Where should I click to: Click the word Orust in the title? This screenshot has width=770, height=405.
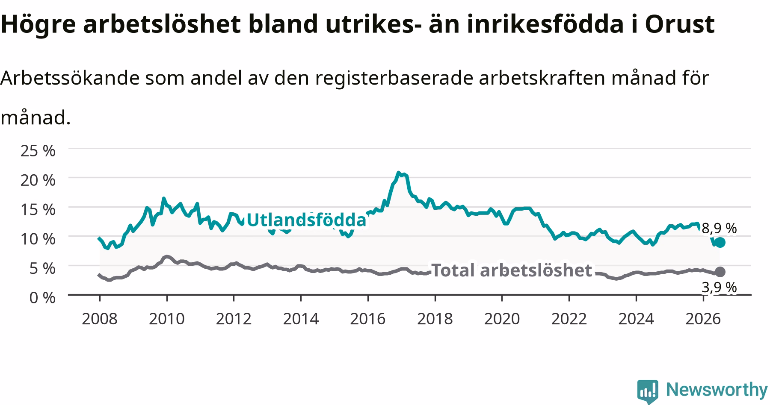(680, 24)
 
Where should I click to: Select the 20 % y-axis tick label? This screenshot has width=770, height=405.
(38, 180)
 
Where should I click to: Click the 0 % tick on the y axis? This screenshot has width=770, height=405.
(42, 297)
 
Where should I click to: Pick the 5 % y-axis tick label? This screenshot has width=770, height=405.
(42, 268)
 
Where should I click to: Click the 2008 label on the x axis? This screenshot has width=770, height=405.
(100, 319)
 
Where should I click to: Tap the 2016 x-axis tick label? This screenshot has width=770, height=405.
(368, 319)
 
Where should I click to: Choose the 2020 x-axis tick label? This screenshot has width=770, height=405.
(502, 319)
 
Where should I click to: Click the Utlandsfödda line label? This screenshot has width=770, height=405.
(307, 220)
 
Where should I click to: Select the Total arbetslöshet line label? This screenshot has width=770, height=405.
(512, 270)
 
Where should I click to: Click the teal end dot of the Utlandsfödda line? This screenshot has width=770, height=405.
(720, 242)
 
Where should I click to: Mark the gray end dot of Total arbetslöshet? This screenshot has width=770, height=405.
(720, 271)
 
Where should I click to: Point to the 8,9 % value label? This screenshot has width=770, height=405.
(720, 228)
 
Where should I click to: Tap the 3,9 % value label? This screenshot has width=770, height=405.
(720, 287)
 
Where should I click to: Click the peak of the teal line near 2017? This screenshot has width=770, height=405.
(398, 173)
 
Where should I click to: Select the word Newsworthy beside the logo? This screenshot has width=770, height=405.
(717, 390)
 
